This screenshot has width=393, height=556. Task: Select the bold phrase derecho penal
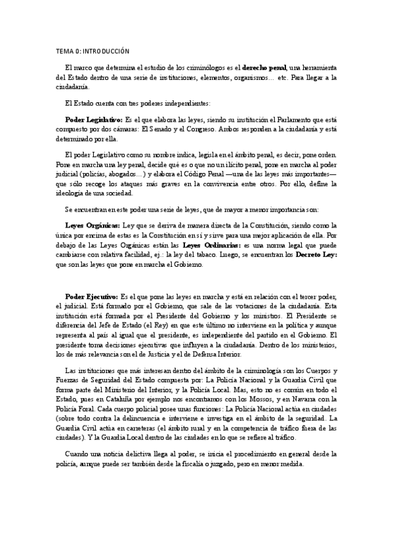pos(265,68)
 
